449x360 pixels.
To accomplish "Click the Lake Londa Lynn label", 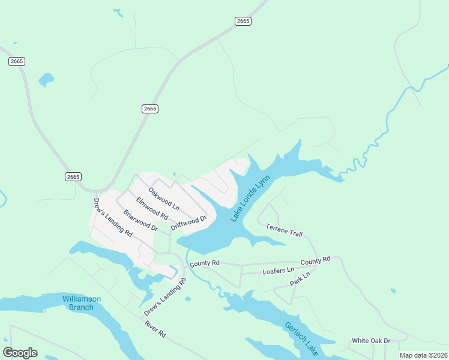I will pyautogui.click(x=252, y=199).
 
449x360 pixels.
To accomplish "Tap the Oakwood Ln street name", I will pyautogui.click(x=164, y=198).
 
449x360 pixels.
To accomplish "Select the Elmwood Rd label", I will pyautogui.click(x=151, y=207).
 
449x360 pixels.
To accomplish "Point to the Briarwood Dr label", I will pyautogui.click(x=140, y=220).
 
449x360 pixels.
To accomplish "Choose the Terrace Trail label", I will pyautogui.click(x=285, y=229).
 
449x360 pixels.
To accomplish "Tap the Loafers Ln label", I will pyautogui.click(x=279, y=271).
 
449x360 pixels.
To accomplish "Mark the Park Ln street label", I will pyautogui.click(x=300, y=279).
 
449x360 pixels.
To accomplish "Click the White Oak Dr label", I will pyautogui.click(x=371, y=340).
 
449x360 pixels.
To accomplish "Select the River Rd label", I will pyautogui.click(x=155, y=329).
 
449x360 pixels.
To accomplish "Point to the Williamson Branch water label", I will pyautogui.click(x=82, y=303).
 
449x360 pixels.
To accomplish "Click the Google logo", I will pyautogui.click(x=20, y=353).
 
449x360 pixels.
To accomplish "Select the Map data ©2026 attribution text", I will pyautogui.click(x=423, y=355).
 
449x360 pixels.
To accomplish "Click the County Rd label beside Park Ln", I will pyautogui.click(x=315, y=260).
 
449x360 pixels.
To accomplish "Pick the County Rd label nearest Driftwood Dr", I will pyautogui.click(x=205, y=263).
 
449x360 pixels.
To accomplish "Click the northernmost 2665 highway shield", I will pyautogui.click(x=243, y=21).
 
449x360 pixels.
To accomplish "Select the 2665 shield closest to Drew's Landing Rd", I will pyautogui.click(x=73, y=176).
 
